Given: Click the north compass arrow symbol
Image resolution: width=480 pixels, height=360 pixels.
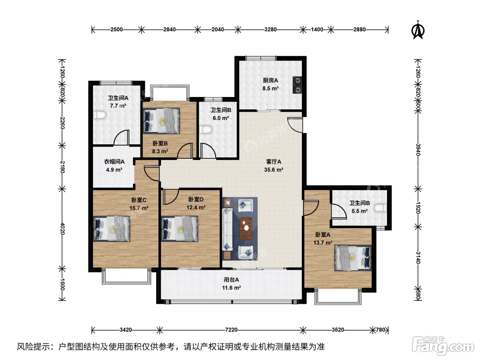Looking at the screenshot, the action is pyautogui.click(x=418, y=31).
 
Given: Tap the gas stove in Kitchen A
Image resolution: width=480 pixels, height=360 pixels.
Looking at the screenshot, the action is pyautogui.click(x=297, y=85).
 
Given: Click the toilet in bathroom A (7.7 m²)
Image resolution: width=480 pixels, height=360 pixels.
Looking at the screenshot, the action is pyautogui.click(x=99, y=115).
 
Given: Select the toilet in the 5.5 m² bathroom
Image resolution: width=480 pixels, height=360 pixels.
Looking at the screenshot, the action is pyautogui.click(x=380, y=208).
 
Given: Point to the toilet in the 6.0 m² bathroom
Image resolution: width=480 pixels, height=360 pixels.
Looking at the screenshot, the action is pyautogui.click(x=206, y=129).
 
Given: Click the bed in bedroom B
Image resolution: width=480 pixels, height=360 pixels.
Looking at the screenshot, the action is pyautogui.click(x=161, y=121).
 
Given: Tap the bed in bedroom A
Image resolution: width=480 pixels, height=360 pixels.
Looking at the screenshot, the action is pyautogui.click(x=353, y=258).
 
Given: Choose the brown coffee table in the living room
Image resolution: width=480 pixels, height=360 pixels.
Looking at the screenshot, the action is pyautogui.click(x=246, y=228).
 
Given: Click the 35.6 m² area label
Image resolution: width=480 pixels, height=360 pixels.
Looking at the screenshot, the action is pyautogui.click(x=274, y=170).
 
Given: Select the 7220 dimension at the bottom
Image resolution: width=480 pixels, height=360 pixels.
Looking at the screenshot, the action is pyautogui.click(x=231, y=329).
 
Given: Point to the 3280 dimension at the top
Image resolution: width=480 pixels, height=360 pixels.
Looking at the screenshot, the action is pyautogui.click(x=270, y=29).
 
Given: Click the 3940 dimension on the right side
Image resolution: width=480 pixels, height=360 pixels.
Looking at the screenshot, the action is pyautogui.click(x=418, y=149).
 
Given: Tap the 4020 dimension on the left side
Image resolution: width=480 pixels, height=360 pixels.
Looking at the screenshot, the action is pyautogui.click(x=62, y=229).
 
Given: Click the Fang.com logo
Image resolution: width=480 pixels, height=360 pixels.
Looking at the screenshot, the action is pyautogui.click(x=443, y=346).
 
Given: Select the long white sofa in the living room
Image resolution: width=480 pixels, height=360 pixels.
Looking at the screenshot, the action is pyautogui.click(x=227, y=229).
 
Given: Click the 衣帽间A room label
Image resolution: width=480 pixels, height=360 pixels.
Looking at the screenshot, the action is pyautogui.click(x=114, y=162).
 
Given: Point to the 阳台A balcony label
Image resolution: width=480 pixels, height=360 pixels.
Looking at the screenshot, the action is pyautogui.click(x=231, y=279).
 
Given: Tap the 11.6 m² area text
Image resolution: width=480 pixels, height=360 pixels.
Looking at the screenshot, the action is pyautogui.click(x=231, y=288).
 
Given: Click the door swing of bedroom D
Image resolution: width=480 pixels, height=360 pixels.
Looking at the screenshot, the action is pyautogui.click(x=170, y=197).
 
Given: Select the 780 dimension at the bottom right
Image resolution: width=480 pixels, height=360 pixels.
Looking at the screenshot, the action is pyautogui.click(x=381, y=329).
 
